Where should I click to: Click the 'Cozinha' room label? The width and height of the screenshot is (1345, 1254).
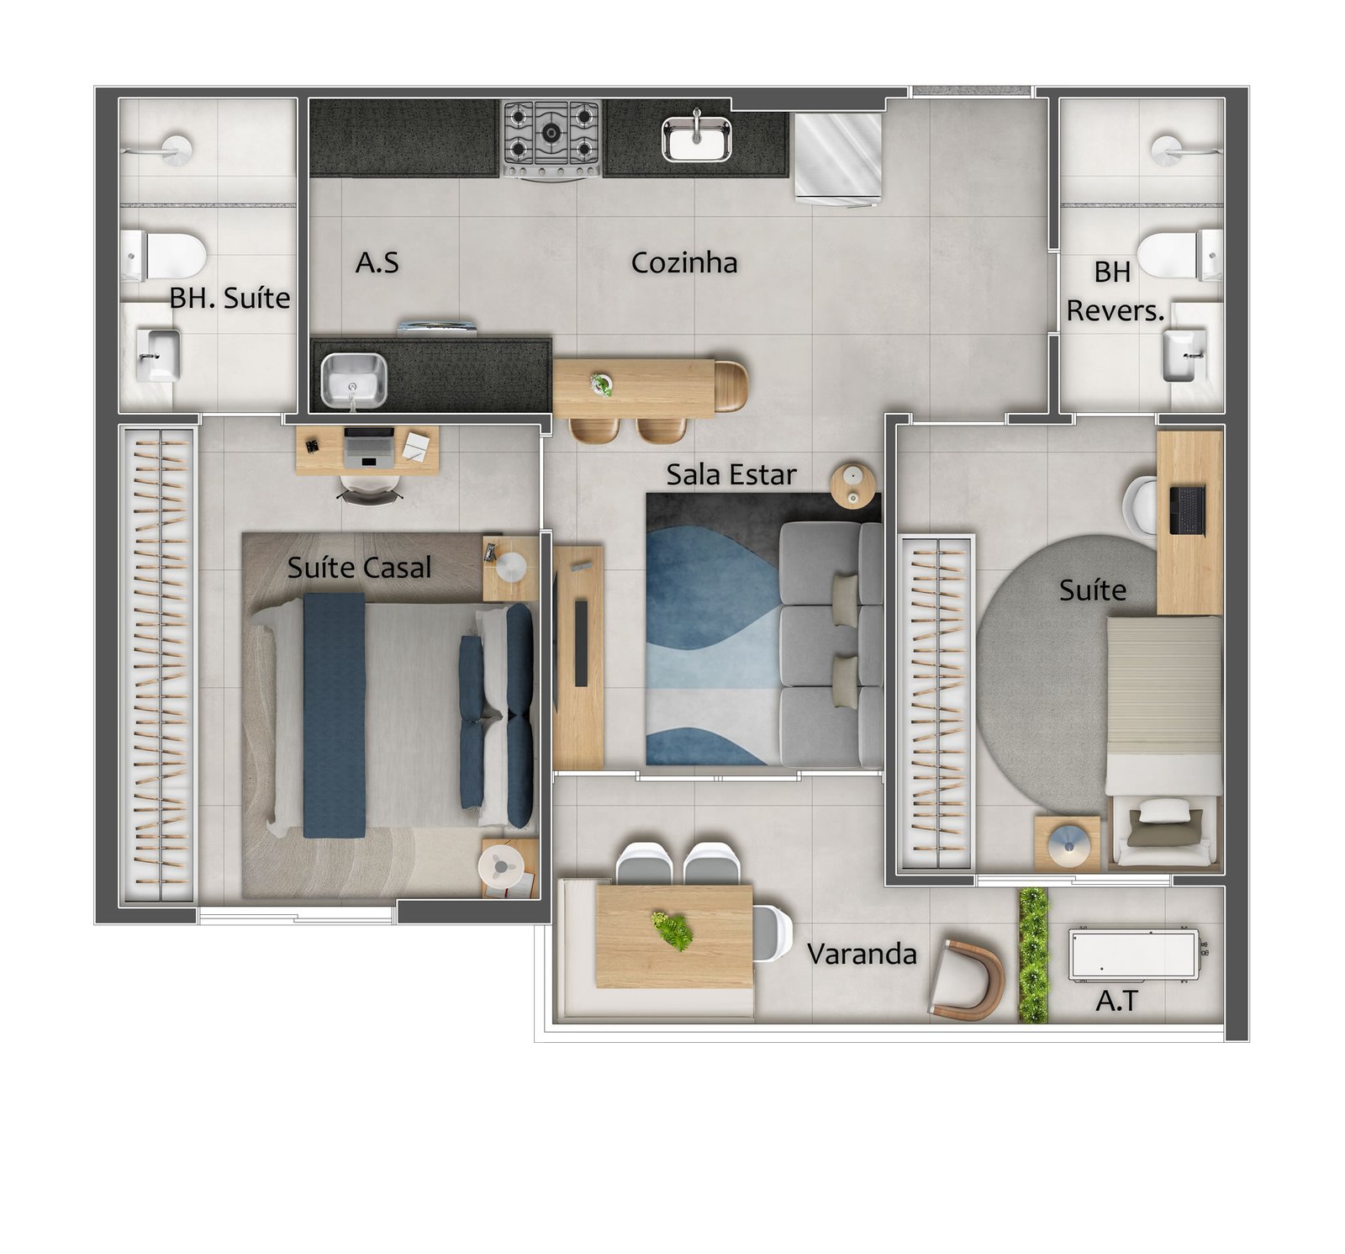tap(684, 262)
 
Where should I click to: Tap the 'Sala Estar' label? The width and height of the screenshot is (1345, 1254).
tap(731, 474)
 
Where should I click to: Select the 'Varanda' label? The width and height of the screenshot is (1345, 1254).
tap(862, 954)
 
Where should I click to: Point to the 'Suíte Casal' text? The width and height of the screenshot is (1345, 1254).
tap(359, 567)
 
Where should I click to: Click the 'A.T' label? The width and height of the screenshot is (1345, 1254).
tap(1116, 1001)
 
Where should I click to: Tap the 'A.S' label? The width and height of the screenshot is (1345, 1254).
tap(377, 262)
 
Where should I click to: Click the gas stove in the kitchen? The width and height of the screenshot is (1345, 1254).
tap(551, 140)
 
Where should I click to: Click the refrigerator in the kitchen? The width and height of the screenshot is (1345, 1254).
tap(838, 158)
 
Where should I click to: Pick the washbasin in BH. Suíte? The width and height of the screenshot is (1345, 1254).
tap(157, 356)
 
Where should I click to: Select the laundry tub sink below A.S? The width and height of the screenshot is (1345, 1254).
tap(354, 380)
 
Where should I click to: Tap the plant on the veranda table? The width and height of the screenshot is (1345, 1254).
tap(673, 929)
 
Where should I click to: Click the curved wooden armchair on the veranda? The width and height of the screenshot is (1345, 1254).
tap(968, 980)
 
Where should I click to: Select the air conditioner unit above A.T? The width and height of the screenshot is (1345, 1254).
tap(1135, 955)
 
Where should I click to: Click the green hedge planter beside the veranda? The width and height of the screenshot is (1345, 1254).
tap(1033, 955)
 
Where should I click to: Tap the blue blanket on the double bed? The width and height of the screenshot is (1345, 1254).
tap(334, 716)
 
